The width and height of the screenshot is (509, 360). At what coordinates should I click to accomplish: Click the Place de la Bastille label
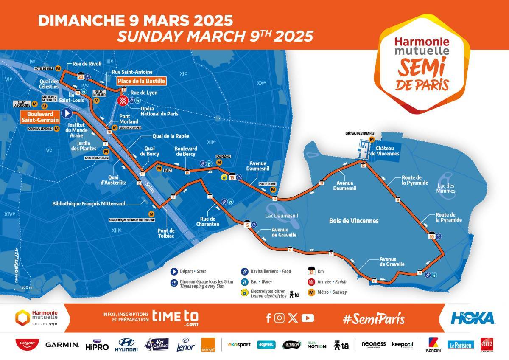click(x=141, y=81)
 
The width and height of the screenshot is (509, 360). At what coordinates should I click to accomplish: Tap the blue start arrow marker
click(x=67, y=113)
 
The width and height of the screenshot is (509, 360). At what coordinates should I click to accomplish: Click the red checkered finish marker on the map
click(x=123, y=101)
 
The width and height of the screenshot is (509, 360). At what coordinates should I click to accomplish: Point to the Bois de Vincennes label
click(x=353, y=221)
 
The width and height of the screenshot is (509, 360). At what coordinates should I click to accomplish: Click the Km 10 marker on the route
click(x=431, y=236)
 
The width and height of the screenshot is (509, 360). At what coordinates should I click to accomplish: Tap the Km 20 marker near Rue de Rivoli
click(x=80, y=77)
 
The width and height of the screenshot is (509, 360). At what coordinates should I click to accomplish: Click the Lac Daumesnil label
click(x=282, y=216)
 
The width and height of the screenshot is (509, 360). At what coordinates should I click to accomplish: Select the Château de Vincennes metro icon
click(x=372, y=139)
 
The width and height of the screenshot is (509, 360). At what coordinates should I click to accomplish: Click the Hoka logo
click(x=473, y=318)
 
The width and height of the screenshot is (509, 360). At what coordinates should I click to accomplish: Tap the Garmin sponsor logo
click(x=62, y=345)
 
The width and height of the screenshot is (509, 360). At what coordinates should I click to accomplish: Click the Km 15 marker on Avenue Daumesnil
click(x=232, y=177)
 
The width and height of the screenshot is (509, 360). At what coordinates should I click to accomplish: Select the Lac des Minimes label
click(x=445, y=188)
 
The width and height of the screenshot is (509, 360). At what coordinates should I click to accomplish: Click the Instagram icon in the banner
click(x=279, y=318)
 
